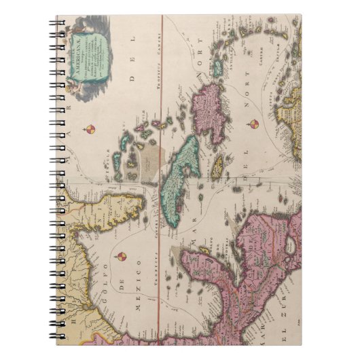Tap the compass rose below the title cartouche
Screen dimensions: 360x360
(90, 129)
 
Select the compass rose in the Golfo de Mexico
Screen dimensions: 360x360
(121, 257)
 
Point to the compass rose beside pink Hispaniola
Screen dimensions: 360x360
(253, 124)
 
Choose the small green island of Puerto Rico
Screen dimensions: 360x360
(217, 69)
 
